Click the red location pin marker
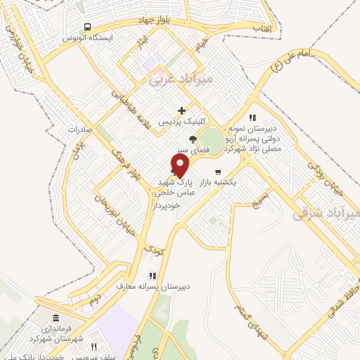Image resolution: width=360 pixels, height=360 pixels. [181, 166]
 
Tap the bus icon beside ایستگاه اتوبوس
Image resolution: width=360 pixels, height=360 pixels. [86, 27]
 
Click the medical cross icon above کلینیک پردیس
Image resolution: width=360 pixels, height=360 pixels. [182, 110]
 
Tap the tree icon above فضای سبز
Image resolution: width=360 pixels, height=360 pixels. [193, 139]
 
